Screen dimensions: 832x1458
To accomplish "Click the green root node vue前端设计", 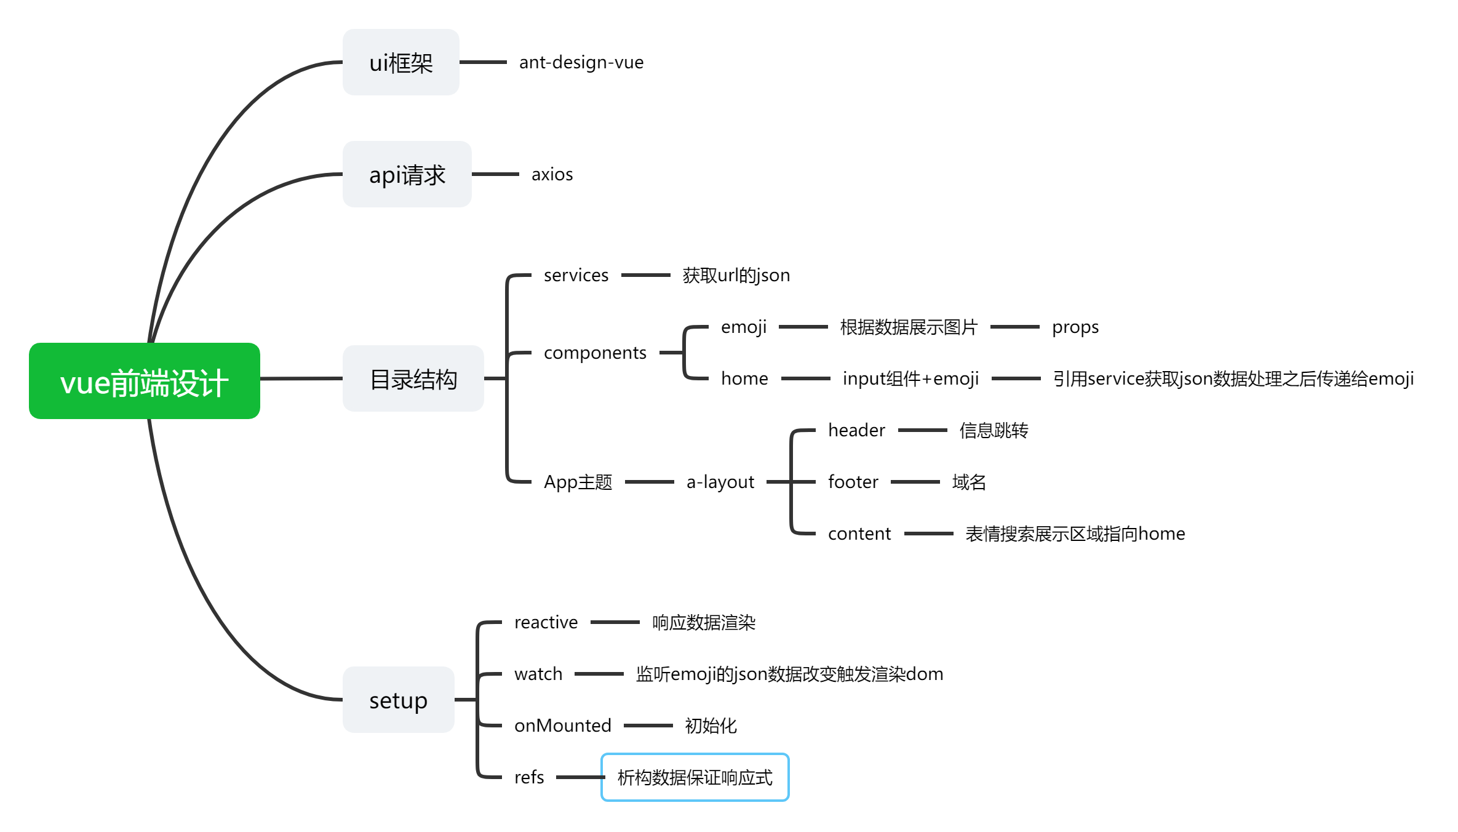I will [144, 381].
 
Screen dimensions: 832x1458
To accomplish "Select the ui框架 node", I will [400, 62].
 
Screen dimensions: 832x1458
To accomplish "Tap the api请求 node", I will [407, 174].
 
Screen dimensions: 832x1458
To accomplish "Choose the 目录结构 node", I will [413, 378].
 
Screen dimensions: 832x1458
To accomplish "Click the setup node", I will [398, 700].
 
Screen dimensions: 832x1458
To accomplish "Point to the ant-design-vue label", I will [581, 62].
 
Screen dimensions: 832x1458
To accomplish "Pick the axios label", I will [552, 174].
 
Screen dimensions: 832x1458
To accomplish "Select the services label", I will [576, 275].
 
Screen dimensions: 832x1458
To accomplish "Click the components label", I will [595, 353].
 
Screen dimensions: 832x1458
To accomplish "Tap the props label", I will [1075, 327].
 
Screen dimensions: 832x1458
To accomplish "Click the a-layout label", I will [720, 482].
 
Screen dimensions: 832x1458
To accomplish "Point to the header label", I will [856, 430].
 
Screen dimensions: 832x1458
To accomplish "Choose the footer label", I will [853, 482].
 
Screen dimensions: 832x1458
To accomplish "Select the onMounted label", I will [562, 726].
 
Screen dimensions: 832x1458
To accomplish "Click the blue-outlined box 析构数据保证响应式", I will [695, 777].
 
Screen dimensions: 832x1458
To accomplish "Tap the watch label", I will [538, 674].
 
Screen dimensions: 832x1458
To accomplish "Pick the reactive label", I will [546, 622].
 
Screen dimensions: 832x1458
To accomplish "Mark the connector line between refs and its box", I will [578, 777].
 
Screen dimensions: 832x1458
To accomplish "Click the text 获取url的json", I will [736, 275].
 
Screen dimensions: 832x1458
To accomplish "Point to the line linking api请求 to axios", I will [495, 174].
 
